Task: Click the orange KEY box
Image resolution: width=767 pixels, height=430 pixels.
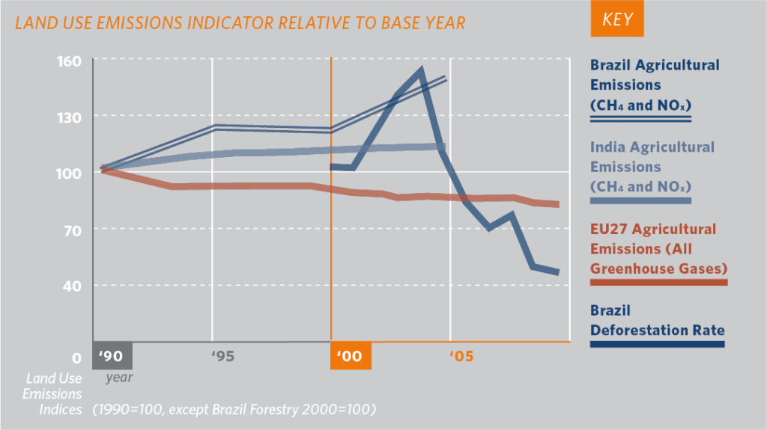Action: pos(616,20)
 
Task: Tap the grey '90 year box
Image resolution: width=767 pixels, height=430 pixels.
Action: pos(112,356)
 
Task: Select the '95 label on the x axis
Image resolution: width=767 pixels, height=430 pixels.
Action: pos(222,357)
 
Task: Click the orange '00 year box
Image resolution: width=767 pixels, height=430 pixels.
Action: pos(350,356)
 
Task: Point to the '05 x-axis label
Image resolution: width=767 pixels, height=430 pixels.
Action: pos(461,357)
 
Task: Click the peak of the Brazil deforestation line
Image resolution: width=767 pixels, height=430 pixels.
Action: pos(421,70)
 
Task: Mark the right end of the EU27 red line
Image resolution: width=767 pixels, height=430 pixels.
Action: pos(558,204)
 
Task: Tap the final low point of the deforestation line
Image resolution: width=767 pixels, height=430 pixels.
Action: pos(557,272)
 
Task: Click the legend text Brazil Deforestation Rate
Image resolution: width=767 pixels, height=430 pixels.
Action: pos(657,320)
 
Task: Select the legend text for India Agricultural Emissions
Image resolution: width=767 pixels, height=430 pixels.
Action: pos(652,167)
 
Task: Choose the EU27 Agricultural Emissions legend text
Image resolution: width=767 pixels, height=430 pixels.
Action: pos(653,248)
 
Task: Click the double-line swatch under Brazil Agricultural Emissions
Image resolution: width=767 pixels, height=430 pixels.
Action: pos(640,118)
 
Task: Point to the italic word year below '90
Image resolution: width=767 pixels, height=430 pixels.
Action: pos(119,378)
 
